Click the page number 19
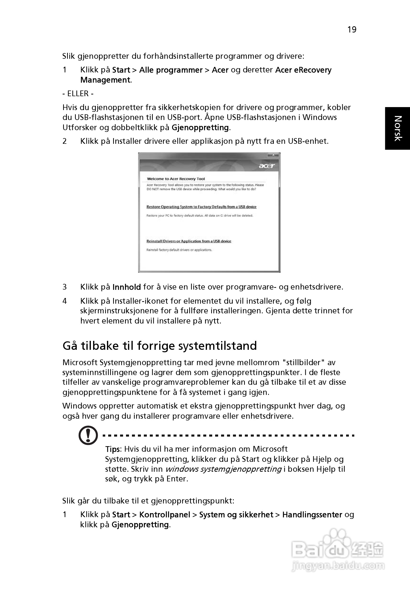(352, 30)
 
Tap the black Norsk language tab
(397, 128)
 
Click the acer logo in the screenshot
(266, 166)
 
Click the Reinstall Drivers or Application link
(189, 241)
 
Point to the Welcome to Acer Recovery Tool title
(176, 179)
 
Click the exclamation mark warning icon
(88, 435)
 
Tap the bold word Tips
(112, 449)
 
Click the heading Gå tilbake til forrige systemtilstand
(160, 346)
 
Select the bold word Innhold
(127, 287)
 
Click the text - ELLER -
(78, 94)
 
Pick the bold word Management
(105, 80)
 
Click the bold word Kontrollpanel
(164, 515)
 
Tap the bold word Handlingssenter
(312, 515)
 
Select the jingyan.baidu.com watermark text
(338, 566)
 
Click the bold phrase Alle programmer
(171, 70)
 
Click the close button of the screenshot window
(273, 155)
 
